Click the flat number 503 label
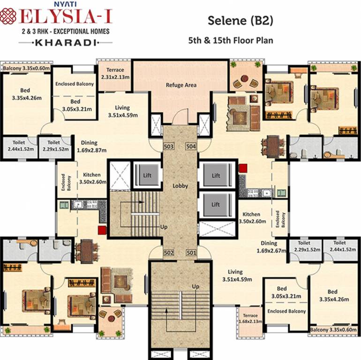click(x=169, y=147)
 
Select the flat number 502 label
click(x=169, y=253)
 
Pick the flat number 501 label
click(x=191, y=253)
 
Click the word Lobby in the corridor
click(x=180, y=186)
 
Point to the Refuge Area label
click(x=181, y=85)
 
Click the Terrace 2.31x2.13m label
click(x=115, y=74)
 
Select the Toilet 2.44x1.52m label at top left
click(x=18, y=145)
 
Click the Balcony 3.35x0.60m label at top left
click(x=27, y=68)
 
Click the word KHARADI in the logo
click(x=66, y=43)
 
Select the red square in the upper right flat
click(x=242, y=168)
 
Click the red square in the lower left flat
click(x=101, y=229)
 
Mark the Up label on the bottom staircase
click(x=196, y=286)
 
